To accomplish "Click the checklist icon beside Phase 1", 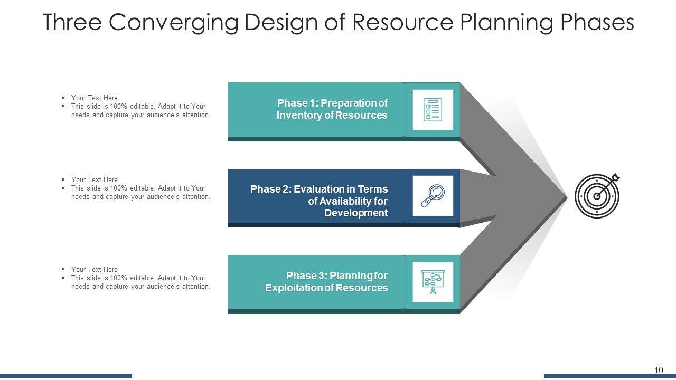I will click(433, 110).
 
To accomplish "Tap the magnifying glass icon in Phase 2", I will click(433, 196).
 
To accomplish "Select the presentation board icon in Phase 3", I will click(433, 282).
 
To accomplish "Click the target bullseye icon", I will click(597, 195).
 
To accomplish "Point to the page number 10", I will click(658, 370).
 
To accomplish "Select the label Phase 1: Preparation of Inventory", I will click(332, 109).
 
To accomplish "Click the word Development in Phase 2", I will click(356, 213).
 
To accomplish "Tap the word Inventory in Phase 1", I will click(298, 116).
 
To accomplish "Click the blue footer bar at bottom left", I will click(66, 376).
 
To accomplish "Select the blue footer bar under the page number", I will click(609, 376).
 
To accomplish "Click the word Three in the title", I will click(74, 23).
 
